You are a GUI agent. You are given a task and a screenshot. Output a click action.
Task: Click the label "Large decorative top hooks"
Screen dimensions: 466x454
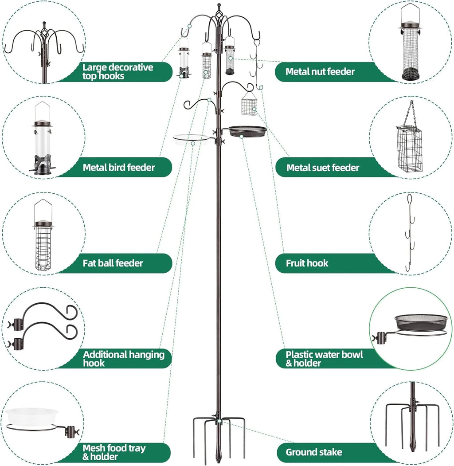118,71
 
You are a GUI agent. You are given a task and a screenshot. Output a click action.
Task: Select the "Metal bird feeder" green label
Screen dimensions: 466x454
119,167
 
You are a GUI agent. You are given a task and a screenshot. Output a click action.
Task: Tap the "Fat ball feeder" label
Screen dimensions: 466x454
113,263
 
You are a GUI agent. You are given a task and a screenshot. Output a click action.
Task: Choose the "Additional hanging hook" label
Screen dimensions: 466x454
124,358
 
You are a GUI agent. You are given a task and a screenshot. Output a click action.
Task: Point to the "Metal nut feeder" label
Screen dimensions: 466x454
320,71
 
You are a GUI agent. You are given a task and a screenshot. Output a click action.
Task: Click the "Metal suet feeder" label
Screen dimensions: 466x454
323,168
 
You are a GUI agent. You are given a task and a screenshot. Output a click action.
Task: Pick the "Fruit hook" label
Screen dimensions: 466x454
307,263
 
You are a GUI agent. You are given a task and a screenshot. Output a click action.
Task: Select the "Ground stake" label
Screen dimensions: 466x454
314,452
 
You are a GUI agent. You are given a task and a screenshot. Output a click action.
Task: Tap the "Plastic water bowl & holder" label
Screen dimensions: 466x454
324,358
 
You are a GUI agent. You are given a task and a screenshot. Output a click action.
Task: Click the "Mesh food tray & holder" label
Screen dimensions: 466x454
114,452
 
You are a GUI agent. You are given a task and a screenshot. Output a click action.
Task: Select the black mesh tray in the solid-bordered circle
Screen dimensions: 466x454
421,320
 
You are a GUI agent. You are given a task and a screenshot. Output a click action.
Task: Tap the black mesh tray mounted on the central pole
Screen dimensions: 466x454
247,131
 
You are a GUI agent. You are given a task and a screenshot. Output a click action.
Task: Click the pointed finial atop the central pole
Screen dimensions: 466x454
218,8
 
